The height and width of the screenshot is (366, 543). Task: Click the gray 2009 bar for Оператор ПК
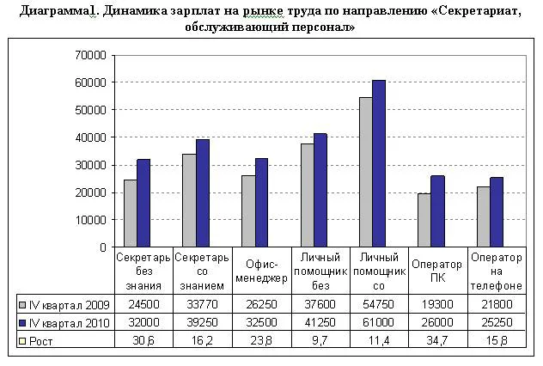pos(424,220)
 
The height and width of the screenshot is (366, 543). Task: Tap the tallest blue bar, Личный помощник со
pos(379,163)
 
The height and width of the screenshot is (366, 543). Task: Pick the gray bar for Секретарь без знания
pos(131,213)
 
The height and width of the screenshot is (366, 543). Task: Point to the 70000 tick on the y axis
pos(92,55)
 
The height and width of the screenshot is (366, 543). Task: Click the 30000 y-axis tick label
pos(92,165)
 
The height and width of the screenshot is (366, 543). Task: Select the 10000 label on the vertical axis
pos(92,220)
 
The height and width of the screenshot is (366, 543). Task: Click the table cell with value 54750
pos(378,303)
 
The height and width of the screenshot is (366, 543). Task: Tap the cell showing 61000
pos(378,322)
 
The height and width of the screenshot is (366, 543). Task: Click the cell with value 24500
pos(143,303)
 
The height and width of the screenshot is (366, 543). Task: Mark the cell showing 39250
pos(202,322)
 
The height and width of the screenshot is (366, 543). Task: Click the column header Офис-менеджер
pos(260,271)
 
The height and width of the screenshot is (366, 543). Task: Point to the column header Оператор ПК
pos(437,271)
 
